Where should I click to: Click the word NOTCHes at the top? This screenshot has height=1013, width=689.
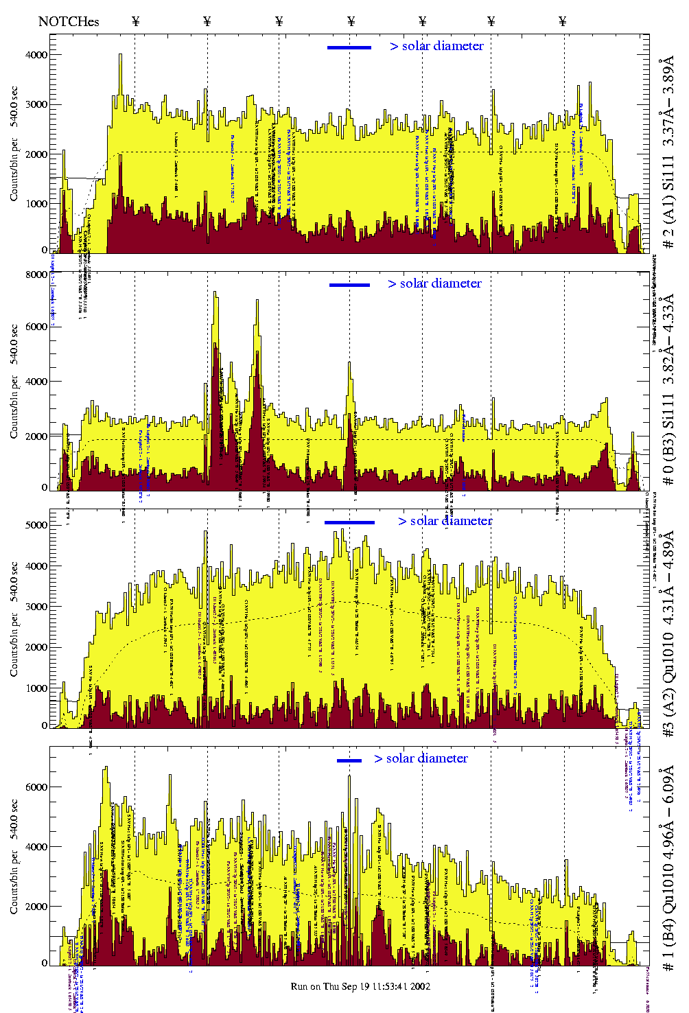point(69,21)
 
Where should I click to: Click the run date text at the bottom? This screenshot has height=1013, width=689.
point(360,986)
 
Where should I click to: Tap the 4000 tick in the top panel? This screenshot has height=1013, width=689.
point(35,55)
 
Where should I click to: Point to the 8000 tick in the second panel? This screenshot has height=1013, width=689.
point(35,275)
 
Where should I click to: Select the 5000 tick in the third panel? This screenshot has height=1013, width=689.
point(35,525)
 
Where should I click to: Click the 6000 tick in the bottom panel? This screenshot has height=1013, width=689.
point(35,787)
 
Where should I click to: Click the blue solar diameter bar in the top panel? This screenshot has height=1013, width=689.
point(349,47)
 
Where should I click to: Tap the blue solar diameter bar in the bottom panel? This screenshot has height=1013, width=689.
point(349,760)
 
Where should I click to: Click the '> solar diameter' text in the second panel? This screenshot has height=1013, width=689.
point(434,283)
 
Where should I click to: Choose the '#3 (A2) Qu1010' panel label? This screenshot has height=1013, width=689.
point(668,635)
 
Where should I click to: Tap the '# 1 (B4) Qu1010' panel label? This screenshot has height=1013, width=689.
point(668,868)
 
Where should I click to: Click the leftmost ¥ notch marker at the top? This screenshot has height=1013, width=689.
point(135,21)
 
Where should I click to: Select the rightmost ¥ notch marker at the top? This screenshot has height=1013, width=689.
point(563,21)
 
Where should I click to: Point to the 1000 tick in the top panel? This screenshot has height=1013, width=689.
point(35,204)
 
